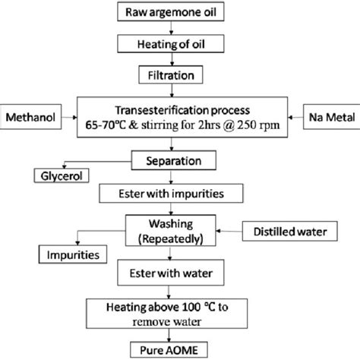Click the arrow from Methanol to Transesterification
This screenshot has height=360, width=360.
83,118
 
